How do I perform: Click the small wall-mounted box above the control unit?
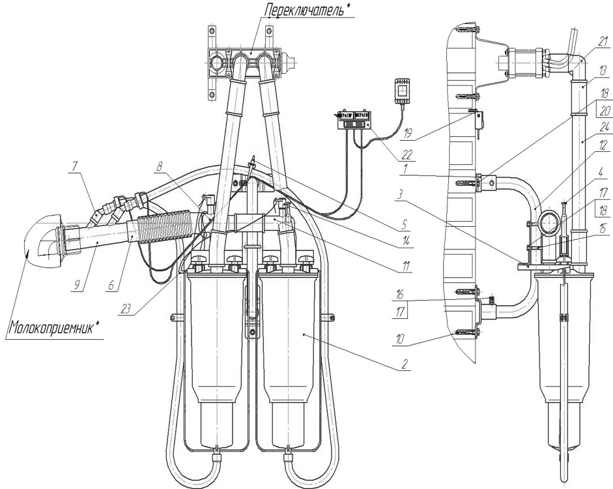(403, 91)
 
